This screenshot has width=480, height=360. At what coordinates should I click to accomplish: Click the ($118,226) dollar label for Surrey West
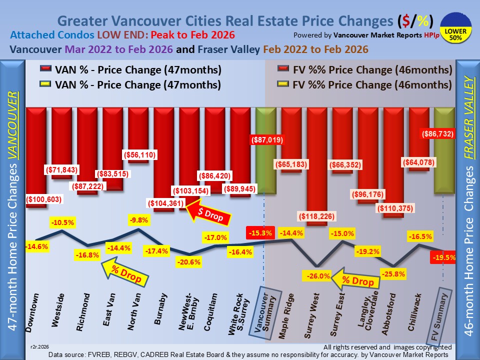[317, 216]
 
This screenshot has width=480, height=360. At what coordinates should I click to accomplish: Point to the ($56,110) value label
[140, 155]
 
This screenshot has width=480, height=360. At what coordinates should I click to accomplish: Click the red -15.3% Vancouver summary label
[259, 233]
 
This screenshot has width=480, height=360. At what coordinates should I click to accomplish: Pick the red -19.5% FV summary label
[442, 257]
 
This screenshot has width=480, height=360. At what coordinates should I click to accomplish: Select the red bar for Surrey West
[317, 160]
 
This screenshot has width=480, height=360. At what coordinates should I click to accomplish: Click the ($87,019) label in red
[264, 140]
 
